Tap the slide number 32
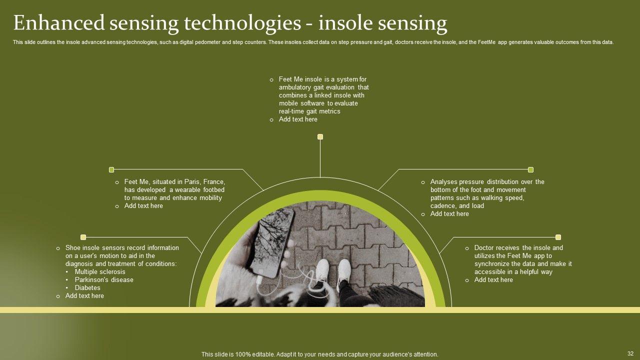click(x=630, y=353)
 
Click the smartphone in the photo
click(x=273, y=242)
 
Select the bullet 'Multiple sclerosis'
click(x=100, y=272)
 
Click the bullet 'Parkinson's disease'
click(x=104, y=280)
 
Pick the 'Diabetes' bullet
click(x=87, y=288)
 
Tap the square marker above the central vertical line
click(x=320, y=136)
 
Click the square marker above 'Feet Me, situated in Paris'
click(x=111, y=169)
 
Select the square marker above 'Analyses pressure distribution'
click(x=530, y=169)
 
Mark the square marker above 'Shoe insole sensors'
click(x=83, y=237)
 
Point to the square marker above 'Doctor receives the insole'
click(x=558, y=237)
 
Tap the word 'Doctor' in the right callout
click(x=484, y=248)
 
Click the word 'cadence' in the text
click(x=442, y=206)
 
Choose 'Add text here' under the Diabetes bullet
click(x=84, y=296)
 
